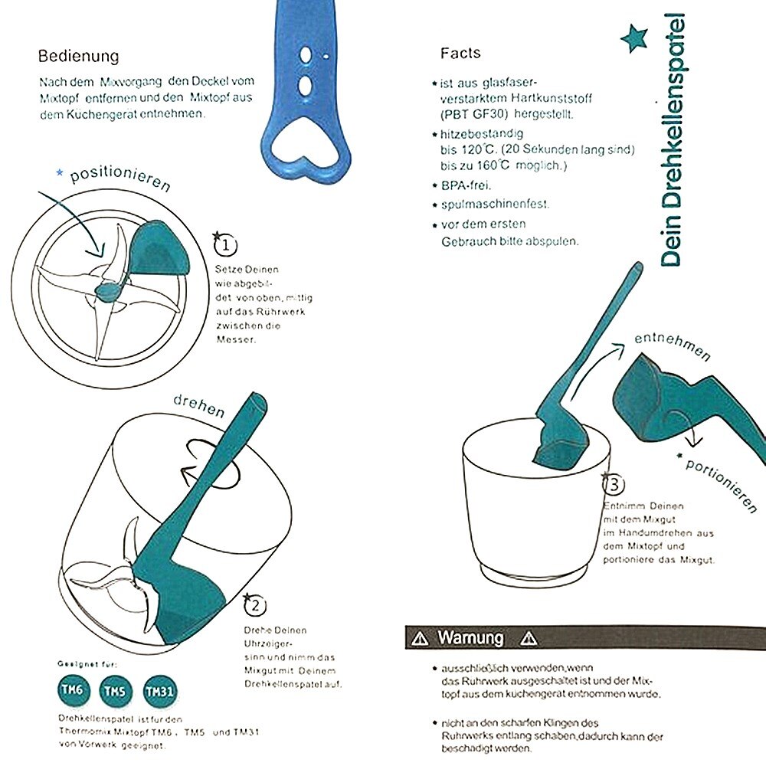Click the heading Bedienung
[x=79, y=57]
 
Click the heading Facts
[x=460, y=53]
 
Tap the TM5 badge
[x=115, y=692]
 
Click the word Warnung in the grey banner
[x=470, y=637]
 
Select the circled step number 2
[x=254, y=607]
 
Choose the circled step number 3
[x=614, y=484]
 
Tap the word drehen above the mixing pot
[x=199, y=404]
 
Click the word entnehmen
[x=672, y=346]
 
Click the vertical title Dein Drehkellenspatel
[x=672, y=138]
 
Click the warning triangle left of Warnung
[x=419, y=638]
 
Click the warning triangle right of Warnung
[x=528, y=638]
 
